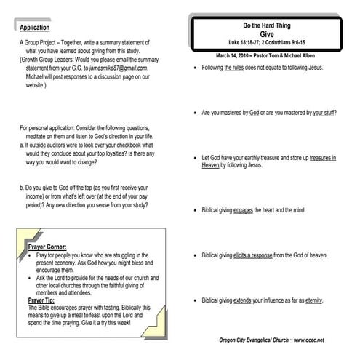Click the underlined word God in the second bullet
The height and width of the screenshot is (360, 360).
coord(254,113)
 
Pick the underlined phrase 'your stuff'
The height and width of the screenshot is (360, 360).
coord(324,113)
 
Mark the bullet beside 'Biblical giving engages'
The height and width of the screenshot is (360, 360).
coord(194,211)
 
